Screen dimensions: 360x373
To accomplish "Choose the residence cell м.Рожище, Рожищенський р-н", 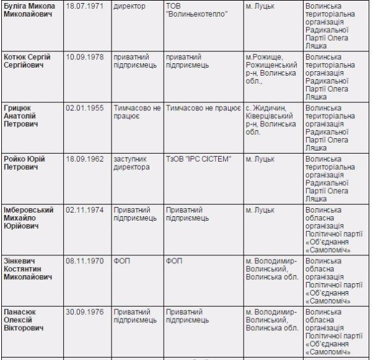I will (271, 69).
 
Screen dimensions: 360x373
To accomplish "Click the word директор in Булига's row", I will (129, 6).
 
